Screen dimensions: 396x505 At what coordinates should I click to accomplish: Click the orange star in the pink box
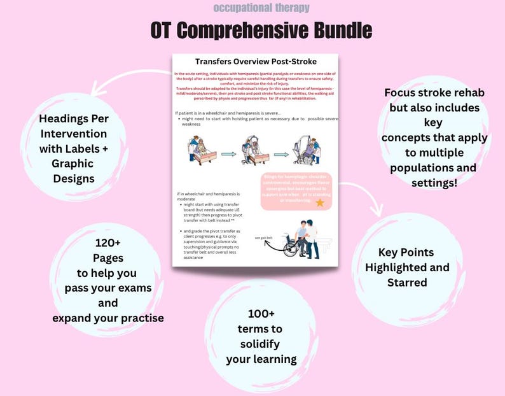[319, 202]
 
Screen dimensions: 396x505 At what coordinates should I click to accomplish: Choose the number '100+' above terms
[261, 313]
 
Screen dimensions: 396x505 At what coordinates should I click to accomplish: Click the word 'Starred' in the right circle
[407, 282]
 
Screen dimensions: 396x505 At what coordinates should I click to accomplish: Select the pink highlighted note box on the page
[297, 191]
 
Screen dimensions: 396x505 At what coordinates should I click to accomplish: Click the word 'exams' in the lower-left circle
[136, 287]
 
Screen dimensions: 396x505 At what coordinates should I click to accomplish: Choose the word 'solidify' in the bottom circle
[261, 344]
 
